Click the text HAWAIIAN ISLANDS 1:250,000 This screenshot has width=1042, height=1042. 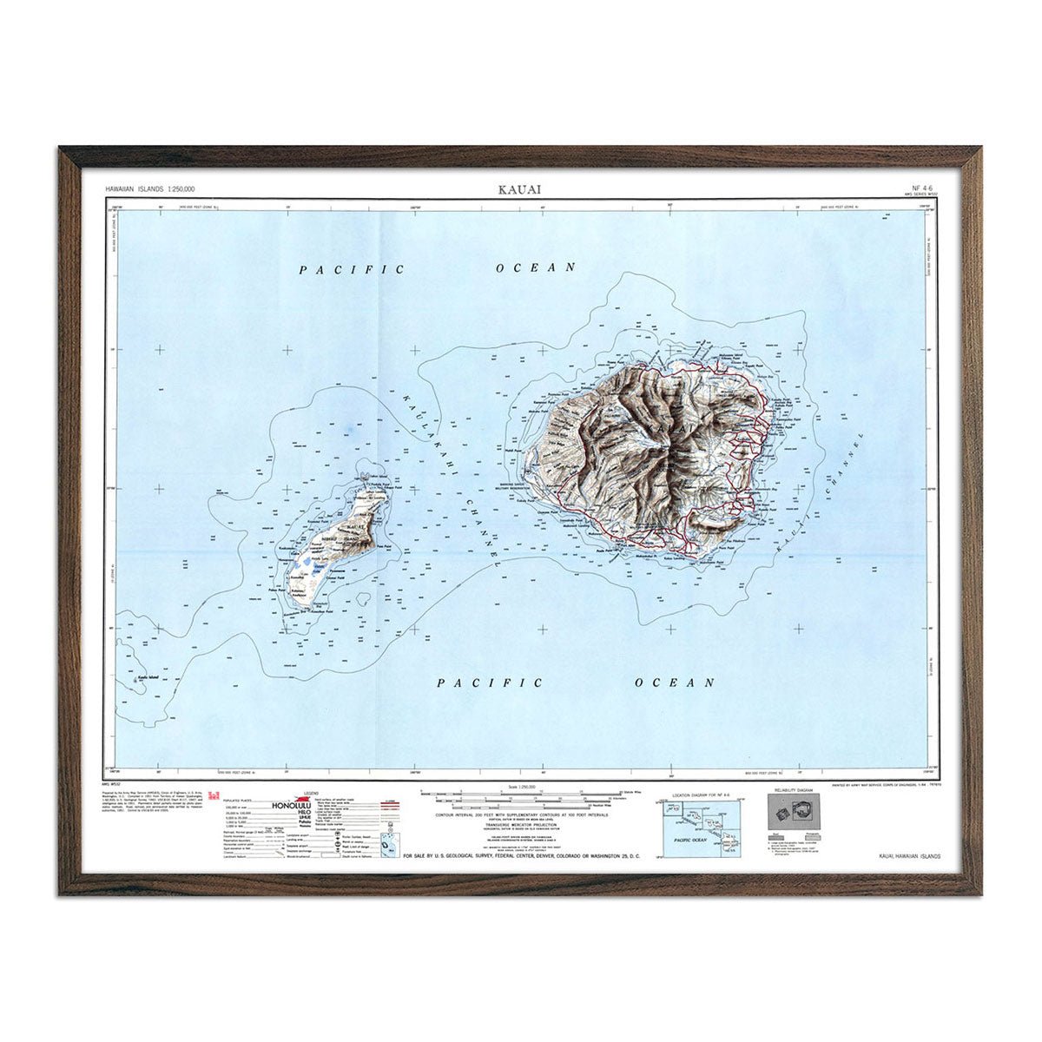(x=149, y=188)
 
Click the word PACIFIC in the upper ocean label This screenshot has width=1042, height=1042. (x=352, y=270)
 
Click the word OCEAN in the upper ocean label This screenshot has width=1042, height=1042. (x=536, y=267)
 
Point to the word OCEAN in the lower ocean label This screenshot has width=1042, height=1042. (x=675, y=683)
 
